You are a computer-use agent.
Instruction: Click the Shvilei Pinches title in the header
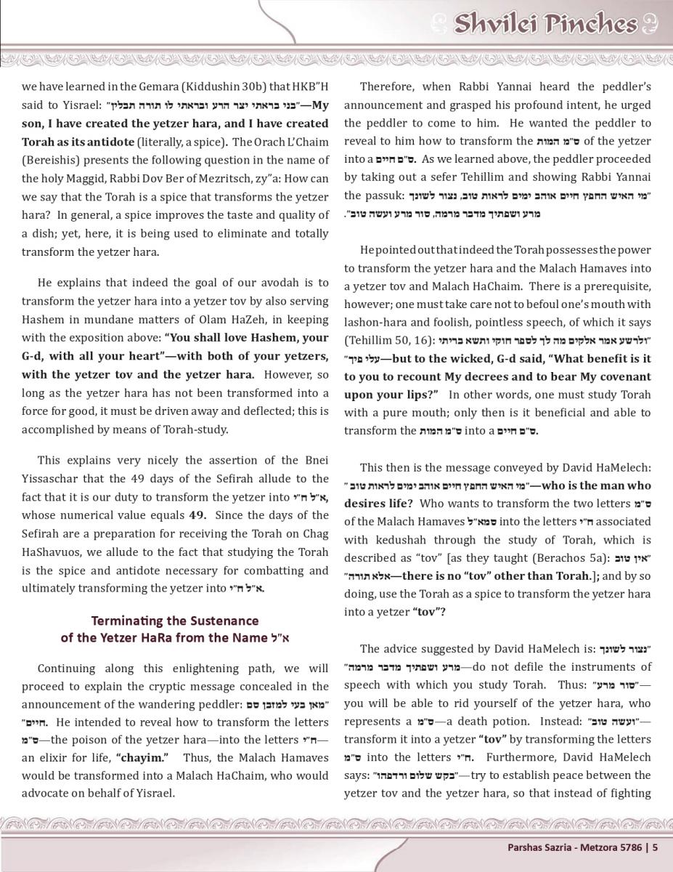(x=544, y=24)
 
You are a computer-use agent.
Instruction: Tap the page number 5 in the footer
(x=655, y=847)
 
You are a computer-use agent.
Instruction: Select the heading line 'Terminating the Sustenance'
(x=174, y=621)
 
